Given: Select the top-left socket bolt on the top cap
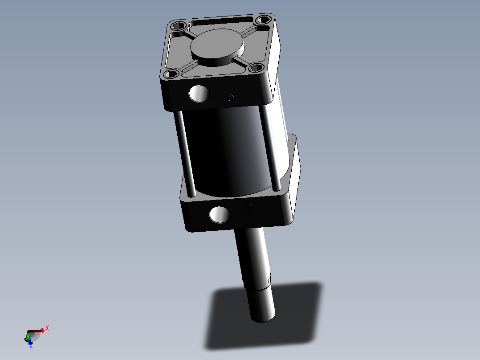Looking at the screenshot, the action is (178, 25).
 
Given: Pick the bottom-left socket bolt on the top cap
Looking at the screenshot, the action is (171, 74).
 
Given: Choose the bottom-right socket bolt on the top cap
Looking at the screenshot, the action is (256, 67).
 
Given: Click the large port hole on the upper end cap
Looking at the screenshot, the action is (199, 94).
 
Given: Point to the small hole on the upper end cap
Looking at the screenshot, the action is (231, 98).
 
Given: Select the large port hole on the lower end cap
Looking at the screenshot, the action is (220, 214).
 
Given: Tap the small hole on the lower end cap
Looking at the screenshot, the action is (249, 207).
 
